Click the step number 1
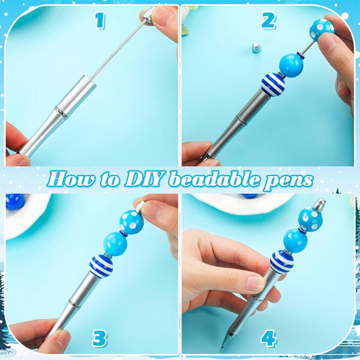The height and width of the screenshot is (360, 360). [x=100, y=21]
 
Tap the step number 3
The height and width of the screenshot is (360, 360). [x=99, y=338]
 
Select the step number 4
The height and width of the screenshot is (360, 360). [x=269, y=339]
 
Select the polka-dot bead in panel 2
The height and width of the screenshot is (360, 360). [x=321, y=30]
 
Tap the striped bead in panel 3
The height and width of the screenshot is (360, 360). [x=101, y=266]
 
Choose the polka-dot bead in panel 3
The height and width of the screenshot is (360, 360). [x=131, y=220]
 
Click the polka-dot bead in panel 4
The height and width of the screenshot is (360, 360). [x=309, y=219]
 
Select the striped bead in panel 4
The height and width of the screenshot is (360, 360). [x=281, y=261]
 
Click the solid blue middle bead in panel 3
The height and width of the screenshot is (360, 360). [x=115, y=242]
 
